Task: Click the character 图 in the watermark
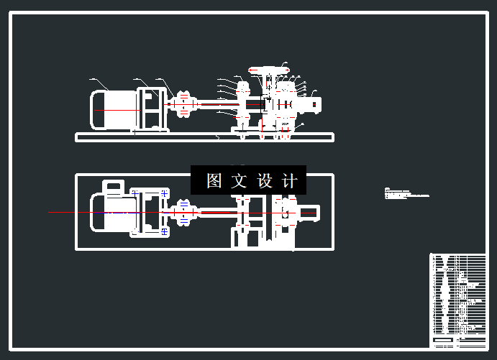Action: click(x=214, y=181)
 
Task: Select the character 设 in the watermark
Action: click(x=264, y=181)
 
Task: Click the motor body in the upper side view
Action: click(x=111, y=110)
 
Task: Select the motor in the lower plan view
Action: click(x=111, y=213)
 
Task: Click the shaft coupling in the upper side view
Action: click(x=184, y=105)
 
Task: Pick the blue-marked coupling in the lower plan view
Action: click(x=184, y=213)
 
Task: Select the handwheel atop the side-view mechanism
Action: click(x=265, y=69)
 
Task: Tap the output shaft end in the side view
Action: click(x=315, y=105)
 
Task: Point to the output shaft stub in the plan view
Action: click(x=309, y=213)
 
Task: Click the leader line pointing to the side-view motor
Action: click(x=99, y=83)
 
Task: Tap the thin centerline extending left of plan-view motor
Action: click(x=68, y=213)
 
